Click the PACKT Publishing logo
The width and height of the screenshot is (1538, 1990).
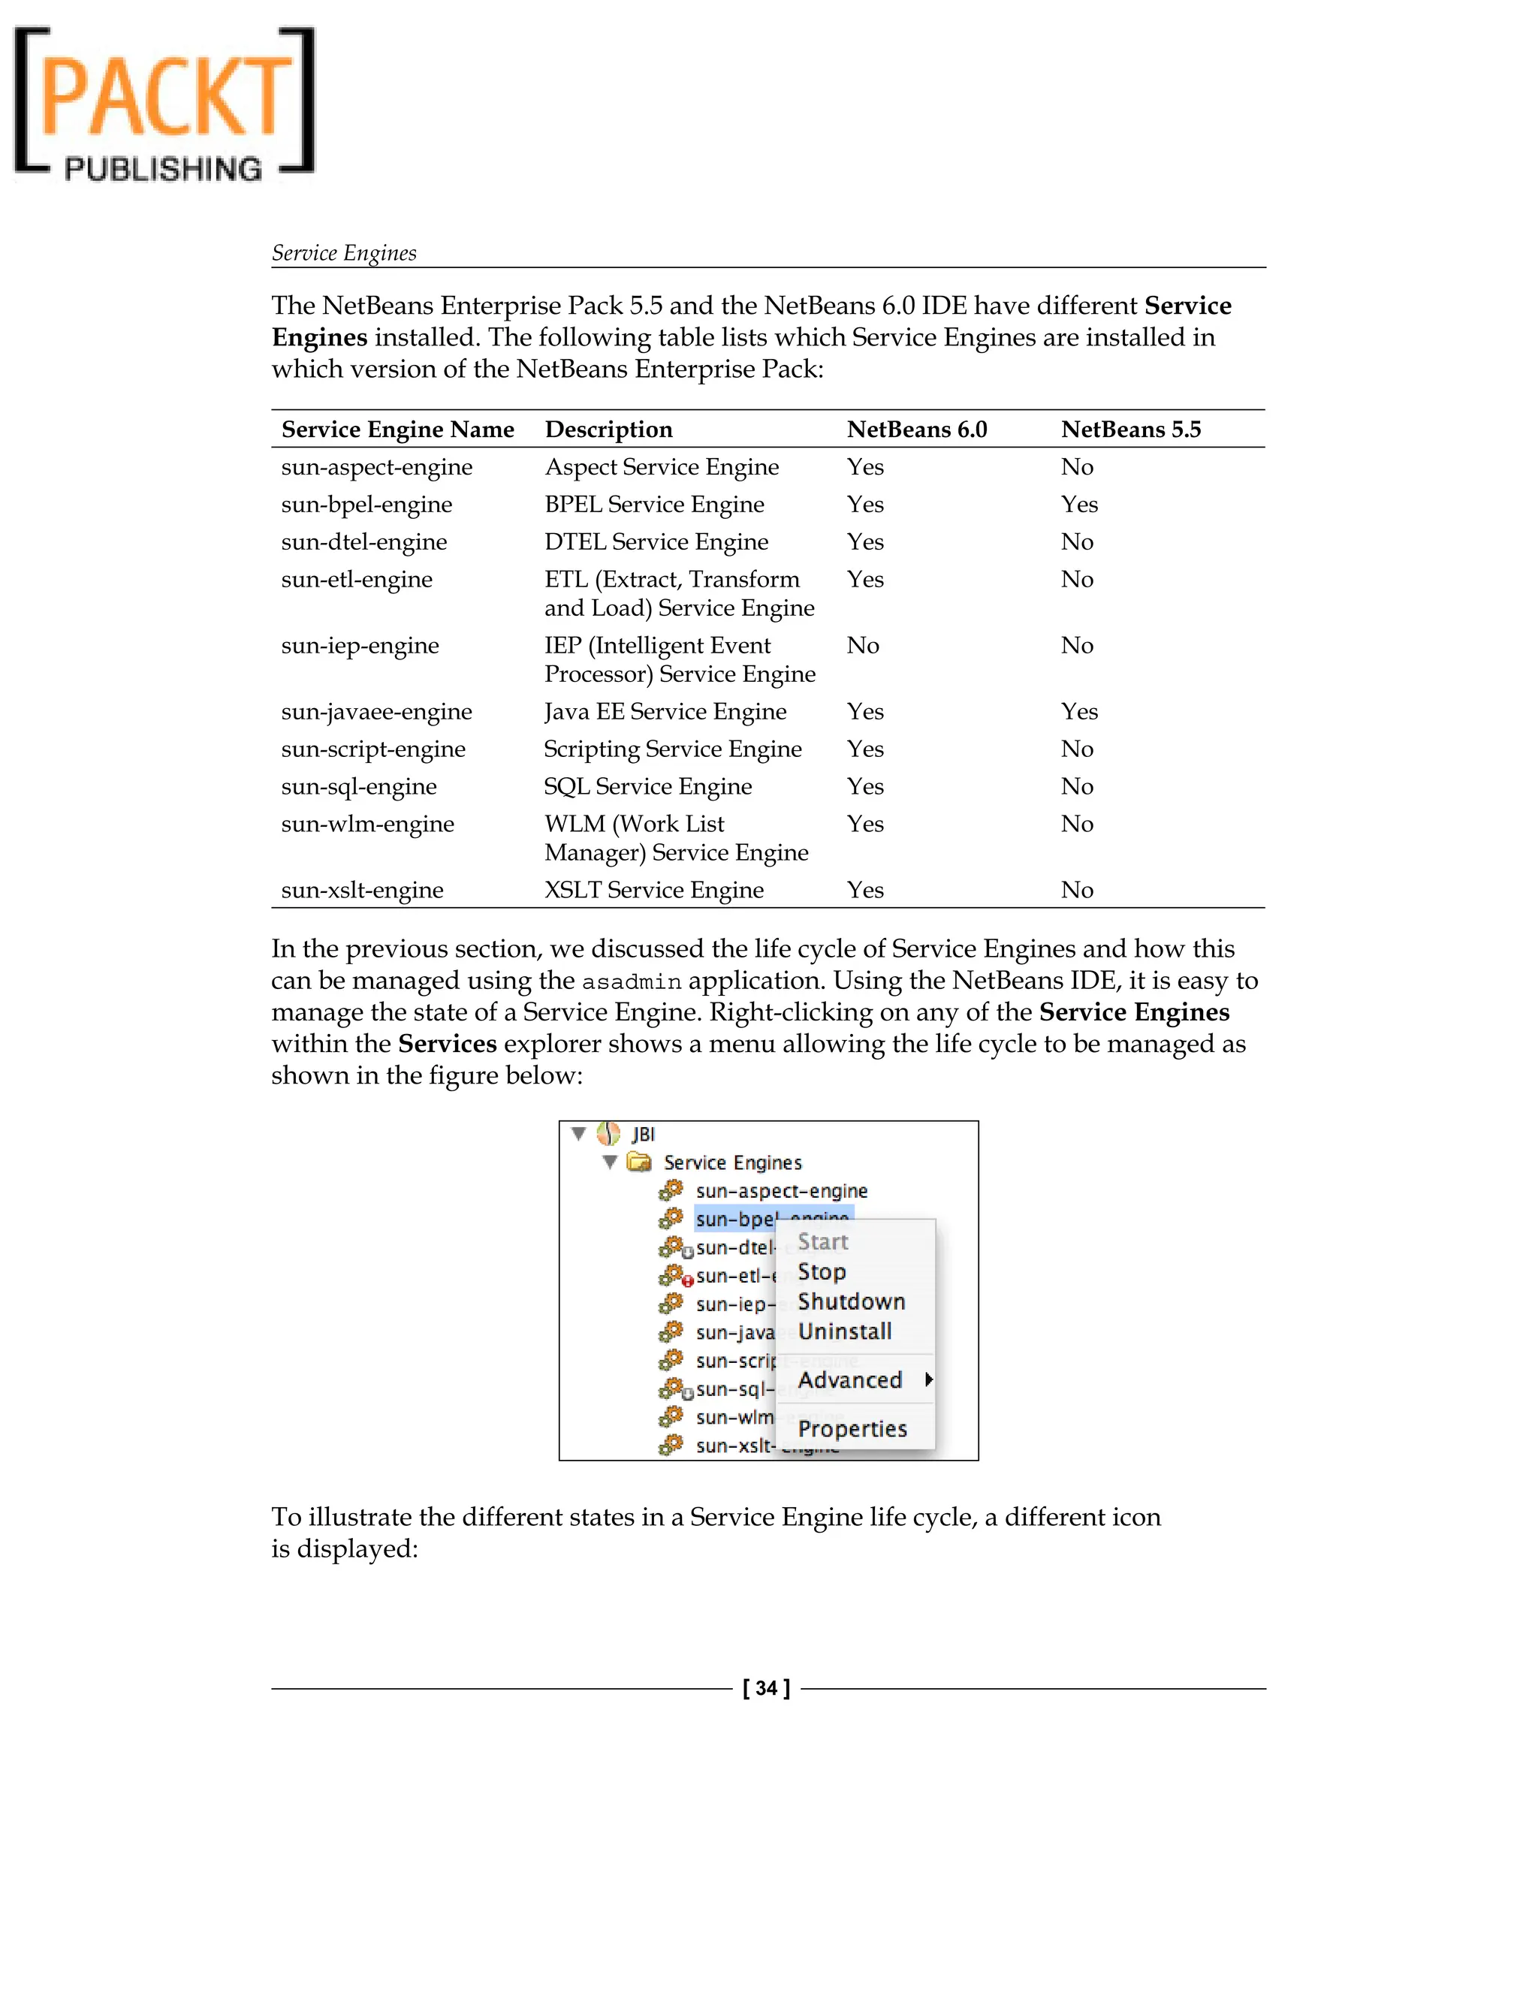pyautogui.click(x=164, y=103)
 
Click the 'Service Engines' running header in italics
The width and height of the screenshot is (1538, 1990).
pyautogui.click(x=343, y=252)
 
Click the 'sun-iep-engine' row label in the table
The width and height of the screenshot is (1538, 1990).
pyautogui.click(x=360, y=645)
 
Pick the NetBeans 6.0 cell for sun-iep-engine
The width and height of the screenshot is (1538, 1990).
pyautogui.click(x=862, y=645)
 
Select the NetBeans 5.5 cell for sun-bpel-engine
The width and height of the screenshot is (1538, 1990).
pyautogui.click(x=1079, y=504)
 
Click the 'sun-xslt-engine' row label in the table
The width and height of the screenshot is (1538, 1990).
pyautogui.click(x=362, y=889)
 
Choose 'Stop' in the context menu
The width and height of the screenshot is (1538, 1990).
pyautogui.click(x=822, y=1272)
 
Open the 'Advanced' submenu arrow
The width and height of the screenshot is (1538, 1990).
pyautogui.click(x=928, y=1379)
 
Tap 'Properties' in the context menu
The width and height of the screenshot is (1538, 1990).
pyautogui.click(x=852, y=1429)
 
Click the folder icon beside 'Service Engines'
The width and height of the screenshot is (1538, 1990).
pyautogui.click(x=640, y=1162)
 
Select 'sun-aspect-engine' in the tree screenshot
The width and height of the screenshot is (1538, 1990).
pyautogui.click(x=781, y=1191)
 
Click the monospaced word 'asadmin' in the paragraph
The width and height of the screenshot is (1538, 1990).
pyautogui.click(x=632, y=982)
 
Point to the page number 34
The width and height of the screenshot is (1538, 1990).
pyautogui.click(x=766, y=1688)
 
